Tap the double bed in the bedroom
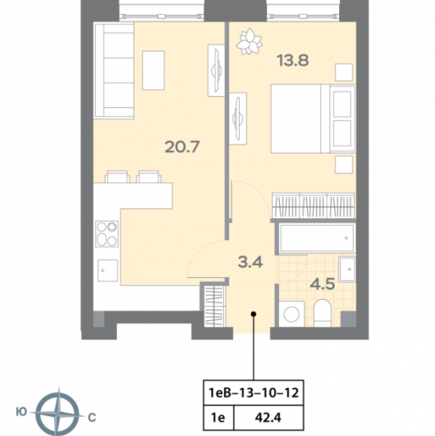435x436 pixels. click(309, 122)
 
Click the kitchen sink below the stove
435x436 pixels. click(106, 269)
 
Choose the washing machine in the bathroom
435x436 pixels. click(290, 312)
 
